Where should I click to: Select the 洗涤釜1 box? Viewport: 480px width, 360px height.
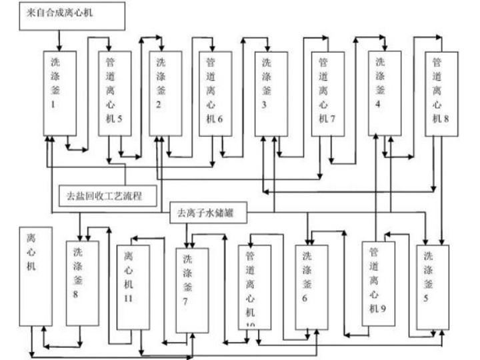pos(60,91)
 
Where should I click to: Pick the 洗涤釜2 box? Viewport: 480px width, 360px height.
pos(165,91)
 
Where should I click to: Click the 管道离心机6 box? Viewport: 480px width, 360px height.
pos(215,91)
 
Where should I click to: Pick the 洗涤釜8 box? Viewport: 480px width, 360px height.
pos(82,283)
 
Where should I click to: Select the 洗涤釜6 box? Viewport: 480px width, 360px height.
pos(311,287)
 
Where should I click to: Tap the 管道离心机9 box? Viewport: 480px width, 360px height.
pos(378,283)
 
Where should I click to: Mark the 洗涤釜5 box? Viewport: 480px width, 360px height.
pos(433,287)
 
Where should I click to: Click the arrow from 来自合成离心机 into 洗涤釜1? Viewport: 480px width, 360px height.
pos(59,39)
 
